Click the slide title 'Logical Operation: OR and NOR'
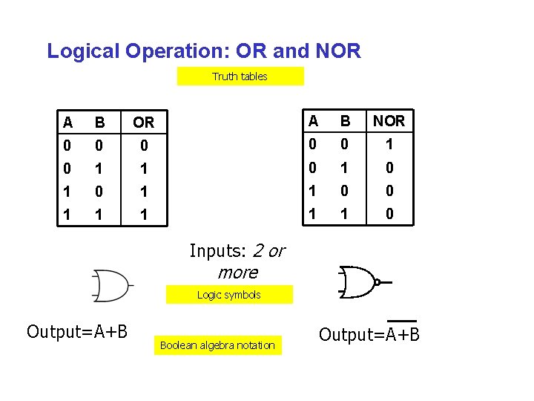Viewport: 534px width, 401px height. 204,51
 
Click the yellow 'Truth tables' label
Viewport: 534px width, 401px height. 240,76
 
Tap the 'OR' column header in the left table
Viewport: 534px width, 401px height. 143,122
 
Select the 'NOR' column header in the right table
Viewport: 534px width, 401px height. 389,121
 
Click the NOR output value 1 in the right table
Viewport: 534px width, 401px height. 389,144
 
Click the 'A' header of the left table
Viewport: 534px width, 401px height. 68,122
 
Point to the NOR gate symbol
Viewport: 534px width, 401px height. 358,281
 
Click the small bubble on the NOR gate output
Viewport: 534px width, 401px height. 377,282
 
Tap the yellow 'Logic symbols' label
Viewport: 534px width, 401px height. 228,295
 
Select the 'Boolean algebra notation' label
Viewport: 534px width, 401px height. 217,345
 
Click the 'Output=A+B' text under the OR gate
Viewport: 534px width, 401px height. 77,331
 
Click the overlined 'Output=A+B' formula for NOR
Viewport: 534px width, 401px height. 369,335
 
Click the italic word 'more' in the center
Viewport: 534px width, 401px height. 237,272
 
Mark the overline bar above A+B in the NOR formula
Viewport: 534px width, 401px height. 401,322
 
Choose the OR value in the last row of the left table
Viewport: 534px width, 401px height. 144,215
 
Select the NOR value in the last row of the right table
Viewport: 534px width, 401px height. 389,214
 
